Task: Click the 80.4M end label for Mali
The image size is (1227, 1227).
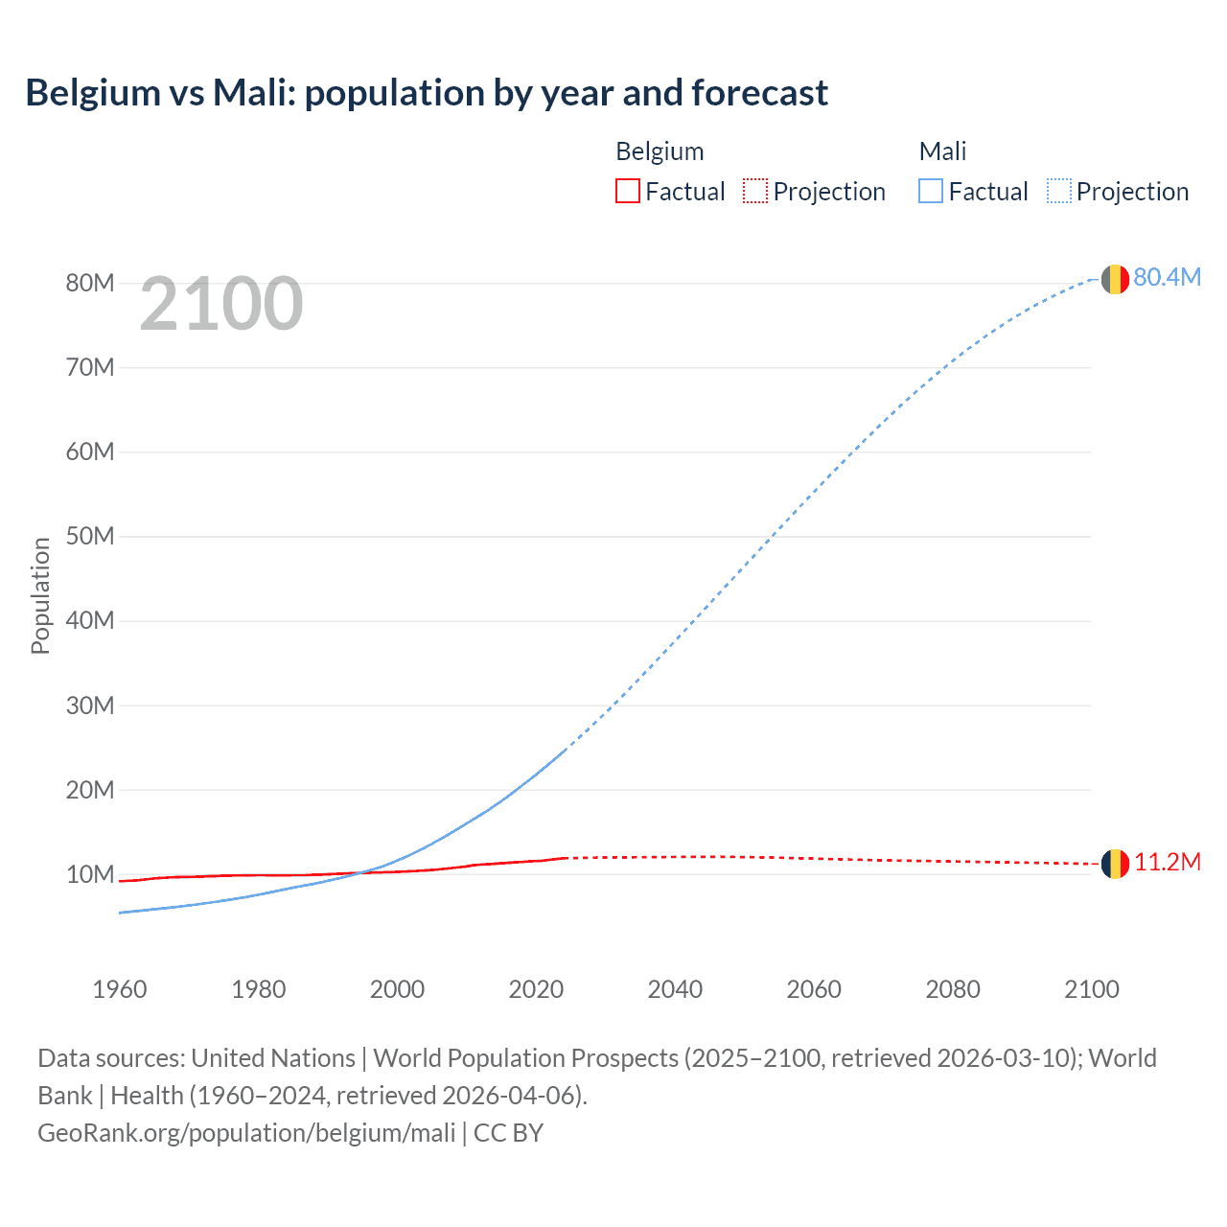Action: (1167, 277)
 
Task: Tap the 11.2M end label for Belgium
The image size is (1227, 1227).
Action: (1167, 862)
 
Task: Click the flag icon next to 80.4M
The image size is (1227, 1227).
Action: (1114, 279)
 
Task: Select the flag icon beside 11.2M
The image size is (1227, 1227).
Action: (1114, 864)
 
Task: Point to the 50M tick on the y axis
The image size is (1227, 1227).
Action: (90, 536)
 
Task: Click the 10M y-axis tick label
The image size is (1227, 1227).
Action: (90, 874)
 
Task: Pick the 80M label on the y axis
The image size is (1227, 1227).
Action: (90, 283)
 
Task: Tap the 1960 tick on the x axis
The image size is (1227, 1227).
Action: (120, 989)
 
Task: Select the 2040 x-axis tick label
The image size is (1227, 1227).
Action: (675, 989)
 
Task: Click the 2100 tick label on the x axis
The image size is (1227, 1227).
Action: (1091, 989)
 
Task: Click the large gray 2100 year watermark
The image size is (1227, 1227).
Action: (221, 304)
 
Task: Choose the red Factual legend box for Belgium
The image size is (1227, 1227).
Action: (627, 191)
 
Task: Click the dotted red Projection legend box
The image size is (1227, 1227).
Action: (755, 191)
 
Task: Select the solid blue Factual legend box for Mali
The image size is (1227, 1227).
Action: (931, 191)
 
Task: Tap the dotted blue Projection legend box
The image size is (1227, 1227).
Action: (1059, 191)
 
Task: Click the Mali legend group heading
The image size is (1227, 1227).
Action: (942, 151)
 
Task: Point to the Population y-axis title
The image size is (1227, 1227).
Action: (40, 595)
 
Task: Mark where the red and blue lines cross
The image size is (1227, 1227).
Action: (361, 872)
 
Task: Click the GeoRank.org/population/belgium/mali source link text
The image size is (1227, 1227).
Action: (246, 1132)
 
